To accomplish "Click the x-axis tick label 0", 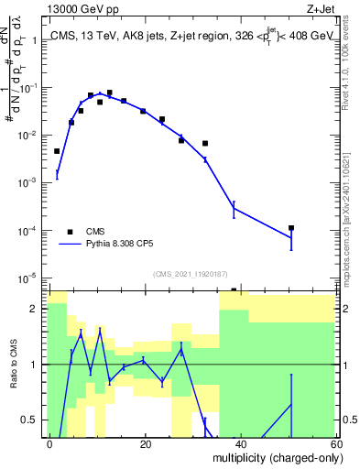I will tap(49, 443).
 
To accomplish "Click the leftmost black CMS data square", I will tap(57, 151).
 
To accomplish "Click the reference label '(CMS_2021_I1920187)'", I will tap(189, 273).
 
